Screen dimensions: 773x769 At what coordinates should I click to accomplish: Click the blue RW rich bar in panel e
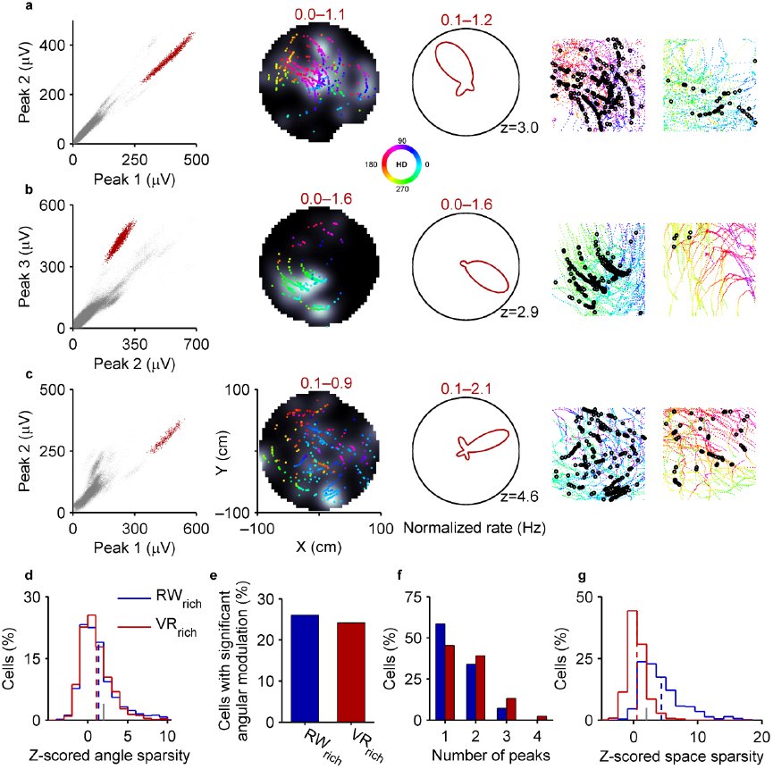click(x=302, y=668)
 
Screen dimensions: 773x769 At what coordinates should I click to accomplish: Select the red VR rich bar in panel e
click(x=351, y=672)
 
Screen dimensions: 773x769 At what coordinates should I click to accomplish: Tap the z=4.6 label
click(x=519, y=496)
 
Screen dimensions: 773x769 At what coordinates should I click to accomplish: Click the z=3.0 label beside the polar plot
click(x=519, y=128)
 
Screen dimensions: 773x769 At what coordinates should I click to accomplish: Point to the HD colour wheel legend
click(x=402, y=164)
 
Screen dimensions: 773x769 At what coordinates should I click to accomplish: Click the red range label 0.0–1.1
click(x=320, y=14)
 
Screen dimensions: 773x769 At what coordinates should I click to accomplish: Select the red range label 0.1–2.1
click(x=466, y=389)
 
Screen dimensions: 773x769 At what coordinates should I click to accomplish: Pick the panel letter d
click(x=29, y=575)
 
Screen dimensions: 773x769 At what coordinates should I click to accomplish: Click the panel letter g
click(x=582, y=576)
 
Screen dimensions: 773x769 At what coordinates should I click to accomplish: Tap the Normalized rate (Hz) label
click(x=475, y=528)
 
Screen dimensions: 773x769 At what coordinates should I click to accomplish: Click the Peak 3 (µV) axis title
click(x=25, y=266)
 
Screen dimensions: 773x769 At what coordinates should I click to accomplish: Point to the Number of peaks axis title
click(x=491, y=756)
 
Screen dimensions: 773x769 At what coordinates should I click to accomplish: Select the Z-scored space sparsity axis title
click(x=681, y=756)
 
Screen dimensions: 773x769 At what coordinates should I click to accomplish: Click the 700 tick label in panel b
click(x=197, y=345)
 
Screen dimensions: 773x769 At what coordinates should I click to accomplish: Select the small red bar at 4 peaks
click(x=542, y=718)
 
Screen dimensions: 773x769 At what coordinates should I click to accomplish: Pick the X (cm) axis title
click(x=318, y=547)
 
